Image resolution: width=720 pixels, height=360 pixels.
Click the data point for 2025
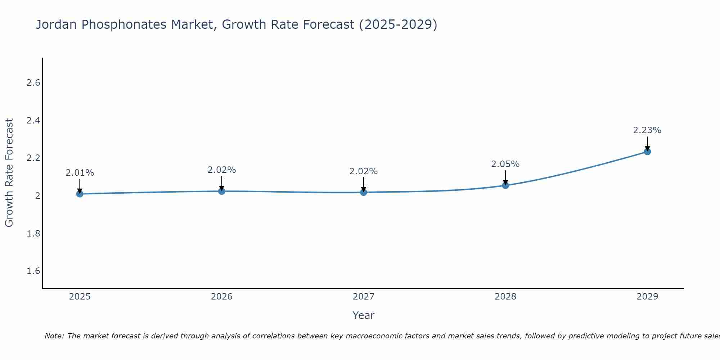pyautogui.click(x=80, y=194)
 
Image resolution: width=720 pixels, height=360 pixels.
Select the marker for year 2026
pyautogui.click(x=222, y=191)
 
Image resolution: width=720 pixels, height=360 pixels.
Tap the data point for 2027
pyautogui.click(x=364, y=192)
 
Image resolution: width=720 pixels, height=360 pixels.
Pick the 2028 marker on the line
pyautogui.click(x=505, y=185)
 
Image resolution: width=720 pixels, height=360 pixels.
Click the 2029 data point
pyautogui.click(x=647, y=152)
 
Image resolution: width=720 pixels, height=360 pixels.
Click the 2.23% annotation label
pyautogui.click(x=647, y=130)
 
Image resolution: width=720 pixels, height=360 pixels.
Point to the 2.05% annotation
pyautogui.click(x=505, y=164)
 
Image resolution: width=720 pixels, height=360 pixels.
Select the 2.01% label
pyautogui.click(x=80, y=173)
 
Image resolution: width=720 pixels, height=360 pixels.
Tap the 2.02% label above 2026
pyautogui.click(x=222, y=170)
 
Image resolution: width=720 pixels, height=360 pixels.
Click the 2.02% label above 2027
pyautogui.click(x=364, y=171)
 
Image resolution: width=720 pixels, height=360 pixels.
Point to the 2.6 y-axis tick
pyautogui.click(x=33, y=83)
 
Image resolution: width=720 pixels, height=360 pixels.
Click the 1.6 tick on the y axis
pyautogui.click(x=33, y=271)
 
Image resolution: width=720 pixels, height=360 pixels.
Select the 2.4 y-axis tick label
pyautogui.click(x=33, y=121)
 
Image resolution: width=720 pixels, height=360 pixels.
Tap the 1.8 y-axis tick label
pyautogui.click(x=33, y=234)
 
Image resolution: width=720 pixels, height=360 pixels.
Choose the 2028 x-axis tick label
pyautogui.click(x=505, y=297)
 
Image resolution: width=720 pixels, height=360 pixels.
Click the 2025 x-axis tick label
pyautogui.click(x=80, y=297)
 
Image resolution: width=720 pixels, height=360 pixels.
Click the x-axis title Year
pyautogui.click(x=364, y=315)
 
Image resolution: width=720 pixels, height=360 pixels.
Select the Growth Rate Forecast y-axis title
pyautogui.click(x=9, y=173)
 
